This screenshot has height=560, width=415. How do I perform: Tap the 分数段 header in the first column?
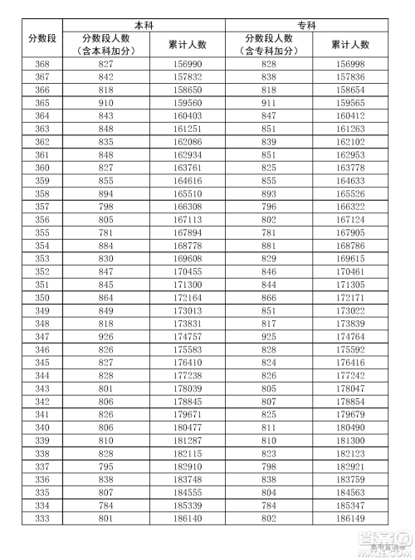pyautogui.click(x=41, y=38)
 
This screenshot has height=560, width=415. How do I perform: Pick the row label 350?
pyautogui.click(x=41, y=296)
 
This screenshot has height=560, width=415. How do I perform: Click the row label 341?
pyautogui.click(x=41, y=414)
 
